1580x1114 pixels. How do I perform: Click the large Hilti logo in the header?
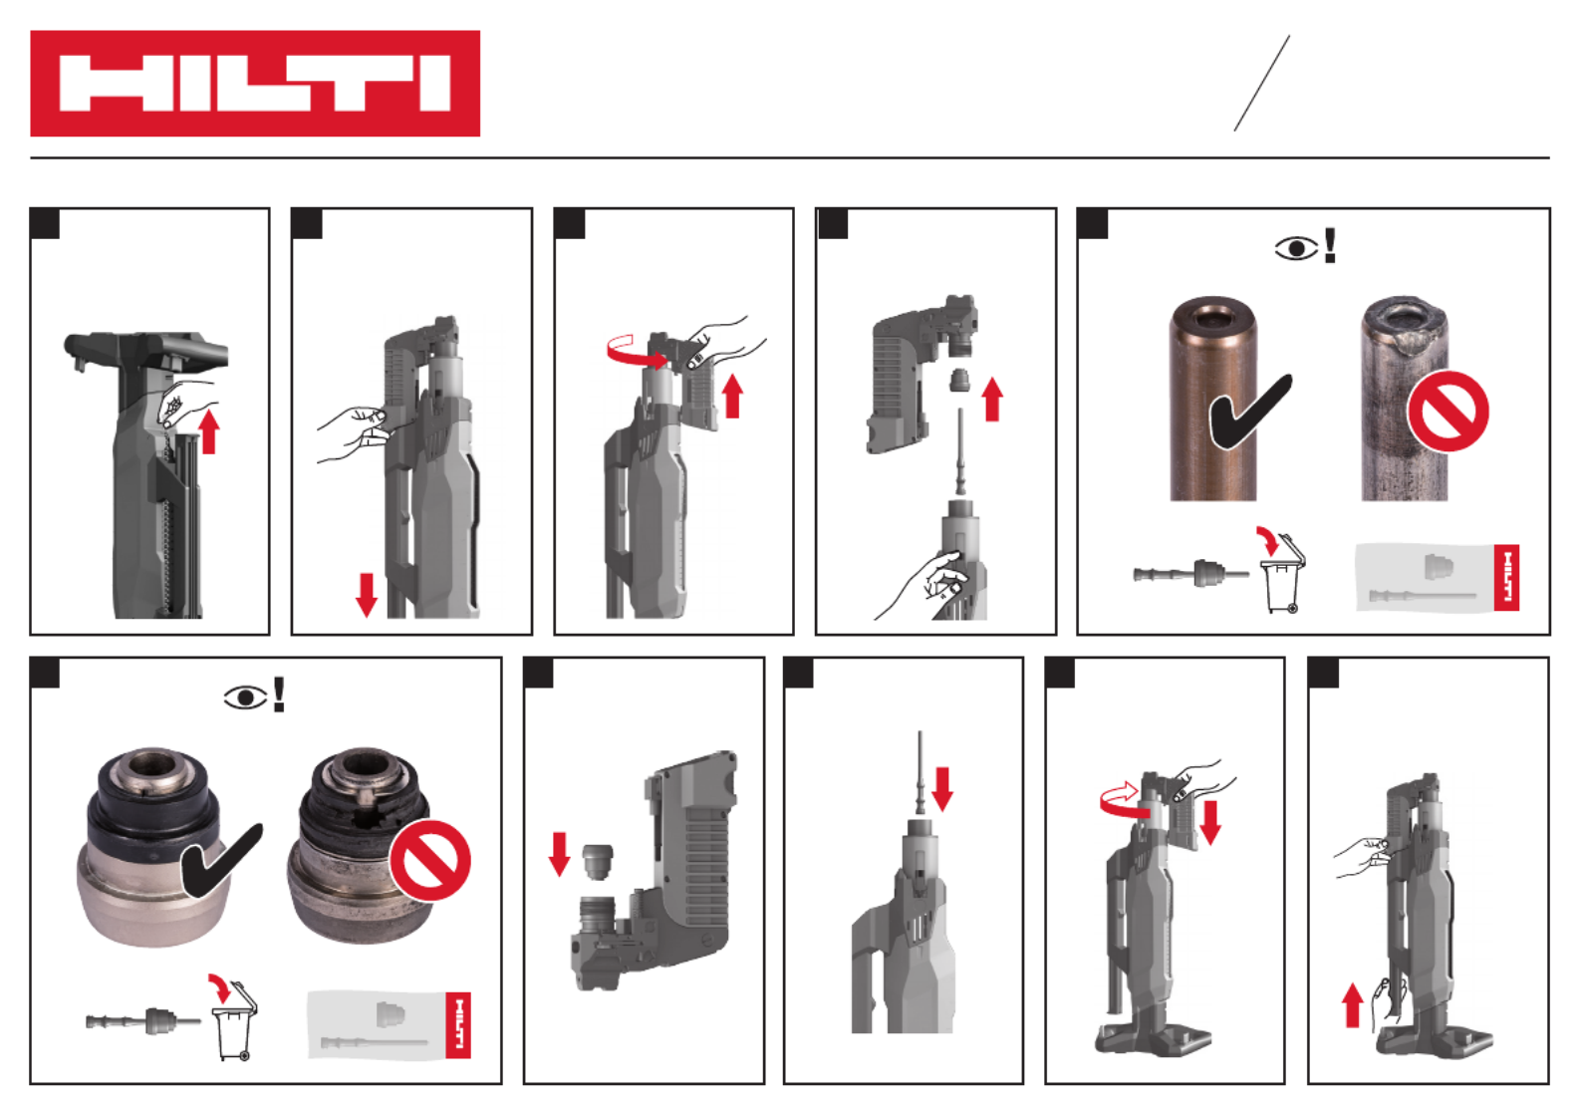pos(255,84)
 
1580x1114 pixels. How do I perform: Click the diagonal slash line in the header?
pos(1262,84)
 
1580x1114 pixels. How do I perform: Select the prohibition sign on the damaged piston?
pos(1448,412)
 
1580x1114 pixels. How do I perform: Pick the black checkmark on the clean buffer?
pos(221,862)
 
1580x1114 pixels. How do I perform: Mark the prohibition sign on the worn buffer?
pos(429,860)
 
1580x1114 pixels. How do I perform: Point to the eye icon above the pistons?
pos(1296,248)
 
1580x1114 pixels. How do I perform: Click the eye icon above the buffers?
pos(245,697)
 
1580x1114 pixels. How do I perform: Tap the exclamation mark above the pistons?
pos(1330,245)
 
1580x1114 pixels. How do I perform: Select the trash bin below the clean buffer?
pos(234,1025)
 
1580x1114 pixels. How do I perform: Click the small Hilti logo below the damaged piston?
pos(1506,578)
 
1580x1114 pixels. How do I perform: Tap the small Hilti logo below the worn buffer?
pos(458,1025)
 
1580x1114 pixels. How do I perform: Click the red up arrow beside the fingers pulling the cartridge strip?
pos(209,431)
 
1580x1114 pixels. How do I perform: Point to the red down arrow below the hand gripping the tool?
pos(366,595)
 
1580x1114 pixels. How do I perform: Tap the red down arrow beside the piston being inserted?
pos(942,789)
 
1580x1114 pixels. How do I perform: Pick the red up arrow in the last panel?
pos(1352,1005)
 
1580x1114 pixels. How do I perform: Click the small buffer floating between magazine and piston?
pos(957,381)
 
